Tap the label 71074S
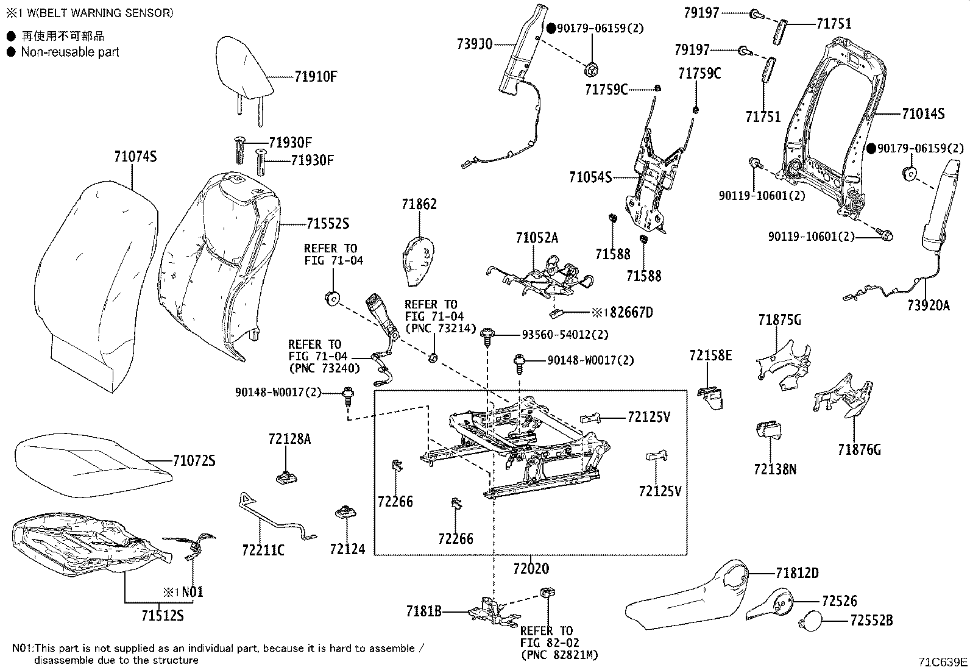coord(135,157)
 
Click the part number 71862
coord(419,204)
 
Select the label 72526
coord(839,601)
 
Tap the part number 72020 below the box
coord(531,568)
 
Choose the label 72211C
coord(263,551)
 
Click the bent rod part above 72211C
coord(274,517)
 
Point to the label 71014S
coord(923,113)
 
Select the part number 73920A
coord(928,306)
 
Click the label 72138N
coord(774,469)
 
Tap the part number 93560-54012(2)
coord(565,335)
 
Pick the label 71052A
coord(536,238)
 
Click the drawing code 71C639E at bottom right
coord(943,661)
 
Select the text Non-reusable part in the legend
coord(70,52)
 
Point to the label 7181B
coord(423,610)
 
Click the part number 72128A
coord(289,439)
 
